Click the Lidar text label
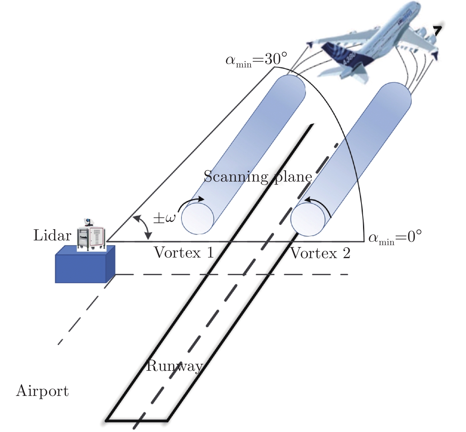tap(52, 236)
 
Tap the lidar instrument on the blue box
tap(91, 235)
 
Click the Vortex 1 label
tap(184, 253)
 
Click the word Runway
tap(175, 366)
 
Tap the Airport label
tap(42, 391)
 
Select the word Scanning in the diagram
tap(236, 177)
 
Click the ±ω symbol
tap(164, 218)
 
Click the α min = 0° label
tap(395, 237)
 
